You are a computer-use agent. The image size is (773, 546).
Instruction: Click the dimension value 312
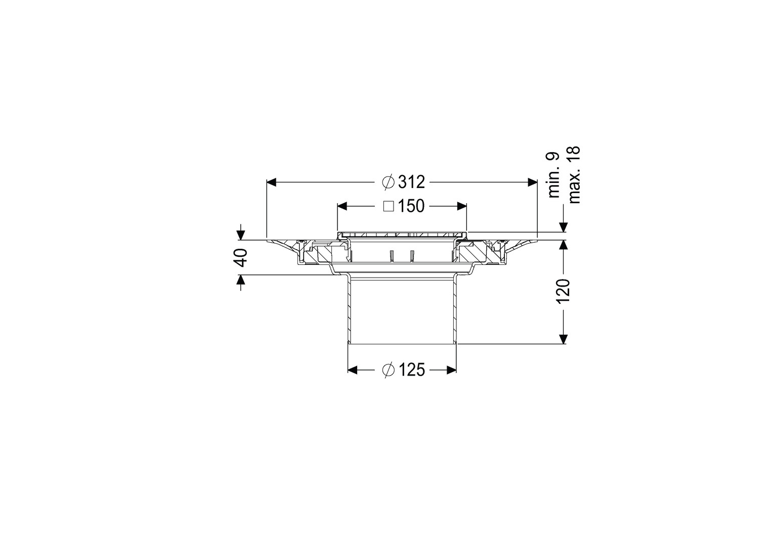pos(411,182)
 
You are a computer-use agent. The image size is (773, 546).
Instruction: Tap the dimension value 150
pos(411,206)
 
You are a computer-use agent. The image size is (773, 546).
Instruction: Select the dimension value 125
pos(411,371)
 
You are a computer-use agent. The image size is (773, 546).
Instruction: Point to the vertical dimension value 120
pos(563,292)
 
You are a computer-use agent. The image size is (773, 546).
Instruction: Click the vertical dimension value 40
pos(242,257)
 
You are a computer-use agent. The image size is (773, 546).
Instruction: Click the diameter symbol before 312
pos(388,182)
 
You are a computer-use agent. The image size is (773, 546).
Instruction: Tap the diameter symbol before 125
pos(388,371)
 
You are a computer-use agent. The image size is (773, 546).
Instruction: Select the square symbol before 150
pos(389,206)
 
